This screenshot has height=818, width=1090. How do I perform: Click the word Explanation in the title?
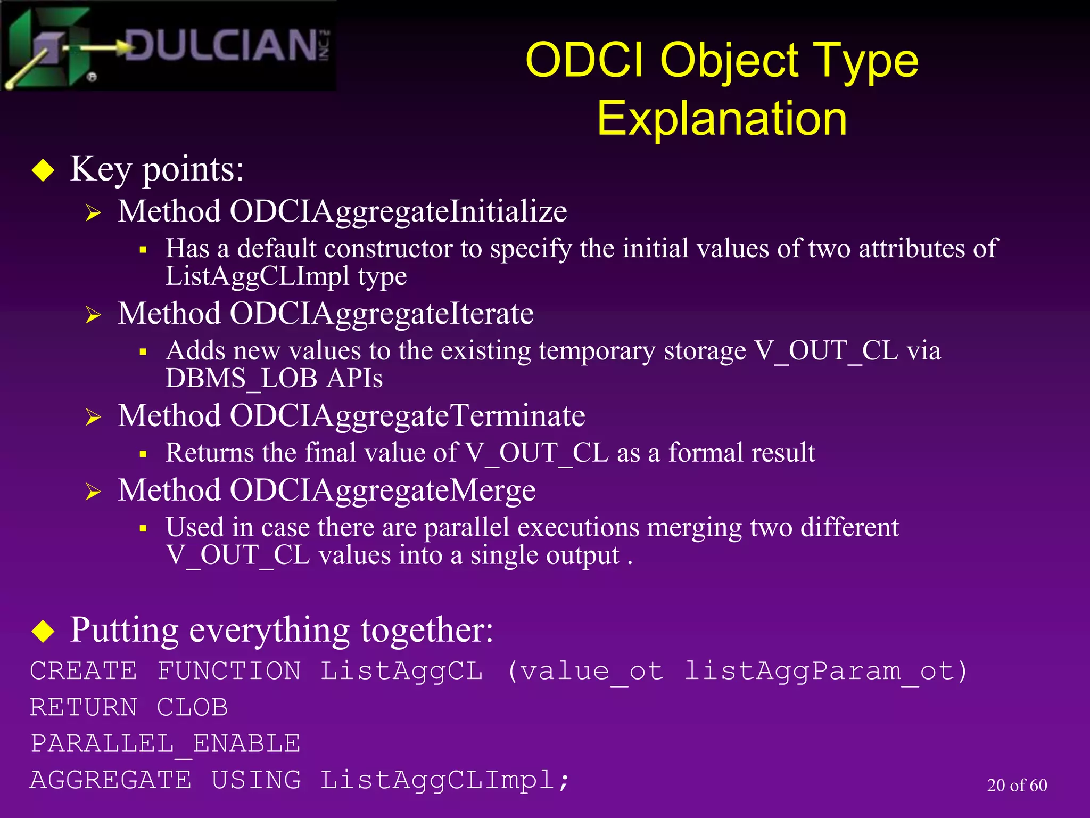(x=722, y=118)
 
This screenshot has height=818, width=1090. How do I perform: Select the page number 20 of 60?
(x=1017, y=785)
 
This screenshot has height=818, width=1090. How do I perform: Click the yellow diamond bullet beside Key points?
(x=43, y=171)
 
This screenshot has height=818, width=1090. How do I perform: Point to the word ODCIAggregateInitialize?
(x=398, y=211)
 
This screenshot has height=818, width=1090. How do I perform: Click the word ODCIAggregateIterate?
(x=381, y=314)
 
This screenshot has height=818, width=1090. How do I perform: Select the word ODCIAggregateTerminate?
(x=407, y=416)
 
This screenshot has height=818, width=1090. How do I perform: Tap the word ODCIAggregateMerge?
(x=382, y=490)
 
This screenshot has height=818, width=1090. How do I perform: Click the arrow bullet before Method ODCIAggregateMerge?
(x=93, y=492)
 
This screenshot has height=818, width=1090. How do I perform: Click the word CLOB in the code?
(x=192, y=708)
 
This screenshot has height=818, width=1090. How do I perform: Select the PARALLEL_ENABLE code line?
(x=165, y=744)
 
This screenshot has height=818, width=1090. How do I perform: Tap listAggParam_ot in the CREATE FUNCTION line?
(x=825, y=672)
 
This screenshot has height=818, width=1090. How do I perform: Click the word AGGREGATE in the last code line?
(x=111, y=780)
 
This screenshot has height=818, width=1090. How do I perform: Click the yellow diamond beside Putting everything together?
(x=43, y=631)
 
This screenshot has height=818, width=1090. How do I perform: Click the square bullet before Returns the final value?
(x=143, y=454)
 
